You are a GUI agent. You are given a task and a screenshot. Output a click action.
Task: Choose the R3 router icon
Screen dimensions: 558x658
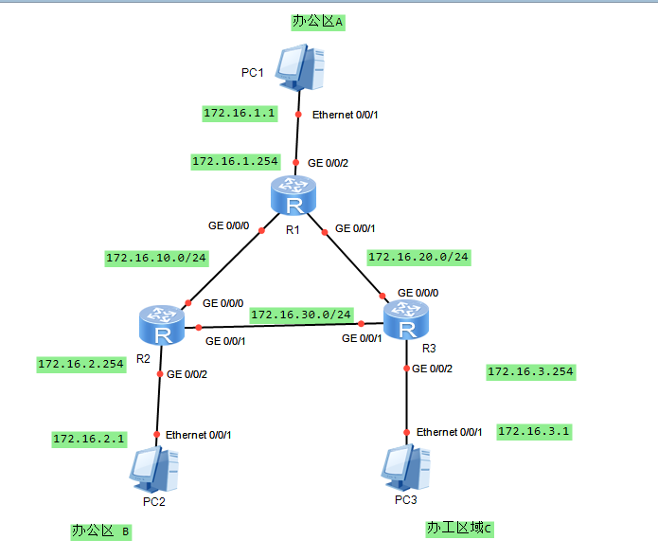pyautogui.click(x=406, y=320)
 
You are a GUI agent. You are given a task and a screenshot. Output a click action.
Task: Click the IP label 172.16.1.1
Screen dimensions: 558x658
pyautogui.click(x=240, y=113)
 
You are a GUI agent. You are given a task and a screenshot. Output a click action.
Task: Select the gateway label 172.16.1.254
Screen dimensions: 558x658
pyautogui.click(x=235, y=162)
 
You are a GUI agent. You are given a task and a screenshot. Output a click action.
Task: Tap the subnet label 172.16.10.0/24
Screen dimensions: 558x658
pyautogui.click(x=155, y=257)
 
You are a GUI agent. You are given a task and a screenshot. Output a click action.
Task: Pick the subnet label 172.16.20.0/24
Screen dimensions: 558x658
pyautogui.click(x=418, y=256)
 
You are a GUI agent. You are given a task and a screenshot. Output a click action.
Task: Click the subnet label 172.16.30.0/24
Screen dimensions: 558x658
pyautogui.click(x=301, y=314)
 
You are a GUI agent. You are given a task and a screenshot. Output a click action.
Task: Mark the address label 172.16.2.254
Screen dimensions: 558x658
pyautogui.click(x=80, y=363)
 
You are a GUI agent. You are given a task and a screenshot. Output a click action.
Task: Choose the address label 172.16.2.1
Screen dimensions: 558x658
pyautogui.click(x=89, y=439)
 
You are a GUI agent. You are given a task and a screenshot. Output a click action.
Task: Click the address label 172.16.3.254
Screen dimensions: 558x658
pyautogui.click(x=530, y=371)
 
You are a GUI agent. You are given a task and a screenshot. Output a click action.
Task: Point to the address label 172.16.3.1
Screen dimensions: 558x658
pyautogui.click(x=534, y=431)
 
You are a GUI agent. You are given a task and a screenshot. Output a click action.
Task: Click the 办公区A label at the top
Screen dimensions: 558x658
pyautogui.click(x=317, y=22)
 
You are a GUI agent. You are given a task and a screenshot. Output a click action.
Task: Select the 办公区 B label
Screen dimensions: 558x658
pyautogui.click(x=100, y=531)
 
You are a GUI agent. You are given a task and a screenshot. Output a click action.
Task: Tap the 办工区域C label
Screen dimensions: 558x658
pyautogui.click(x=459, y=529)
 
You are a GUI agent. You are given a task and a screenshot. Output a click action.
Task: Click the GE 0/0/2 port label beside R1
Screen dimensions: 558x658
pyautogui.click(x=328, y=163)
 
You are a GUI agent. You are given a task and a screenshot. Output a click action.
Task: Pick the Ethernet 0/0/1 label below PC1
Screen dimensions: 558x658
pyautogui.click(x=345, y=115)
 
